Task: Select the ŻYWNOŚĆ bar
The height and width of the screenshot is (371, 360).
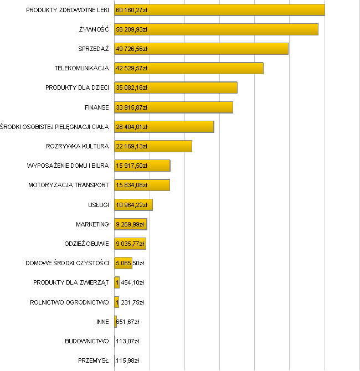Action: pyautogui.click(x=233, y=29)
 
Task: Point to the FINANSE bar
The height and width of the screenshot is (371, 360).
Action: pyautogui.click(x=188, y=107)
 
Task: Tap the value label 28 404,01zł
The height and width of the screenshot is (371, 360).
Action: pyautogui.click(x=131, y=127)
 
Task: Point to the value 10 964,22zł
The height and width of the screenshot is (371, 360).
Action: pyautogui.click(x=131, y=205)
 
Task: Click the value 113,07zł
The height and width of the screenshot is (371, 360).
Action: pyautogui.click(x=127, y=341)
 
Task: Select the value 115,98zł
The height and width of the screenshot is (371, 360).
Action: pyautogui.click(x=127, y=360)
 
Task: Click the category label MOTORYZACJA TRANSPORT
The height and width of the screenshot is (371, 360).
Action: pyautogui.click(x=68, y=185)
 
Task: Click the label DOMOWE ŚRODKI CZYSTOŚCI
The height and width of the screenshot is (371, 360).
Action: pyautogui.click(x=67, y=263)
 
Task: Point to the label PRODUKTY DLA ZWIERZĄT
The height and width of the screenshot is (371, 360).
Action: pyautogui.click(x=71, y=282)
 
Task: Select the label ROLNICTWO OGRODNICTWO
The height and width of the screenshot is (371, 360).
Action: pyautogui.click(x=69, y=302)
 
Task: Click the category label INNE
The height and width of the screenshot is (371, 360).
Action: pyautogui.click(x=102, y=321)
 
